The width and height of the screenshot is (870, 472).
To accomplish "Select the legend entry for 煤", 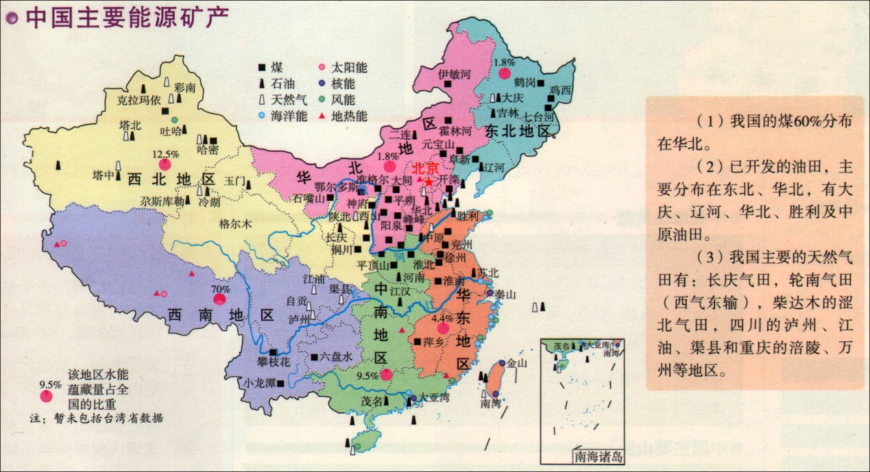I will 271,67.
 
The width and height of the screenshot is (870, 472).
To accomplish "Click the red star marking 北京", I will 429,182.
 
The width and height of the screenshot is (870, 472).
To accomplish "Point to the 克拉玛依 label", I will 137,100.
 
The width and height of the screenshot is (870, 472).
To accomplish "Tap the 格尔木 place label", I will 235,223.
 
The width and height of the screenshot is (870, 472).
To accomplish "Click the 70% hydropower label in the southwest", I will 219,289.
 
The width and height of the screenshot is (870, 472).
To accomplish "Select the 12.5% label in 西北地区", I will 165,153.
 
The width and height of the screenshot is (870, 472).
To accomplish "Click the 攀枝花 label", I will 274,362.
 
